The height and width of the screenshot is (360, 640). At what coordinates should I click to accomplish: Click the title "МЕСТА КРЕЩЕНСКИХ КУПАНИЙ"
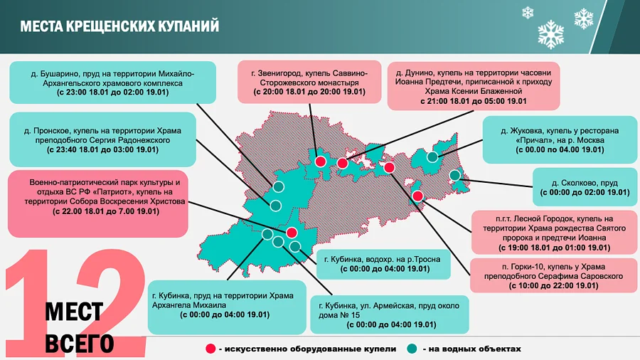[119, 26]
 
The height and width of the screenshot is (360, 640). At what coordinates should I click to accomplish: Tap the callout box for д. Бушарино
[102, 82]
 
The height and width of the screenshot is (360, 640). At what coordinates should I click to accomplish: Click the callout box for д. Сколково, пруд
[584, 186]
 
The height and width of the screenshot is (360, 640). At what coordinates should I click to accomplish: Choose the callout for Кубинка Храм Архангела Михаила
[226, 306]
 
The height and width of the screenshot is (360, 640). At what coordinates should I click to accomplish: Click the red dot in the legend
[210, 349]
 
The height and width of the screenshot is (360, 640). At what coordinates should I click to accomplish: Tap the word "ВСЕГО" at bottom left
[79, 342]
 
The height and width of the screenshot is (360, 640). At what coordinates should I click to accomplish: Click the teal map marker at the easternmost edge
[455, 175]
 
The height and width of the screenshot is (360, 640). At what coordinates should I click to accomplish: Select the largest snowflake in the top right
[550, 33]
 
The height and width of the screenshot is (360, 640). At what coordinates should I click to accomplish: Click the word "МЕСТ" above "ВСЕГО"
[74, 312]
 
